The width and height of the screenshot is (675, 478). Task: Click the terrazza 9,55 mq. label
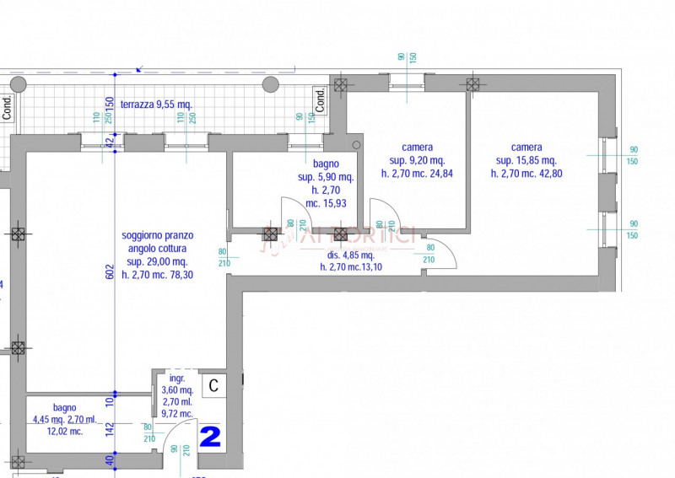click(156, 105)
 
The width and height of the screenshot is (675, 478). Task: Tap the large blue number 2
click(210, 436)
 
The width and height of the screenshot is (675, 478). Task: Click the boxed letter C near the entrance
click(213, 385)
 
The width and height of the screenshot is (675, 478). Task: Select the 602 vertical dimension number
click(109, 271)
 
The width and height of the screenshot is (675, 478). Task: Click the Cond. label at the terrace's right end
click(321, 99)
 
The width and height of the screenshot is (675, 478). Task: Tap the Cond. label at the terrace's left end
click(7, 106)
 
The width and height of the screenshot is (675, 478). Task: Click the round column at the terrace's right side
click(271, 84)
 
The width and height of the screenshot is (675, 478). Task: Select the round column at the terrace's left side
click(19, 83)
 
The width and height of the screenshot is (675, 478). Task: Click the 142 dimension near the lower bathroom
click(110, 429)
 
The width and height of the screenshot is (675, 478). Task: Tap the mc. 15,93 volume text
click(325, 203)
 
